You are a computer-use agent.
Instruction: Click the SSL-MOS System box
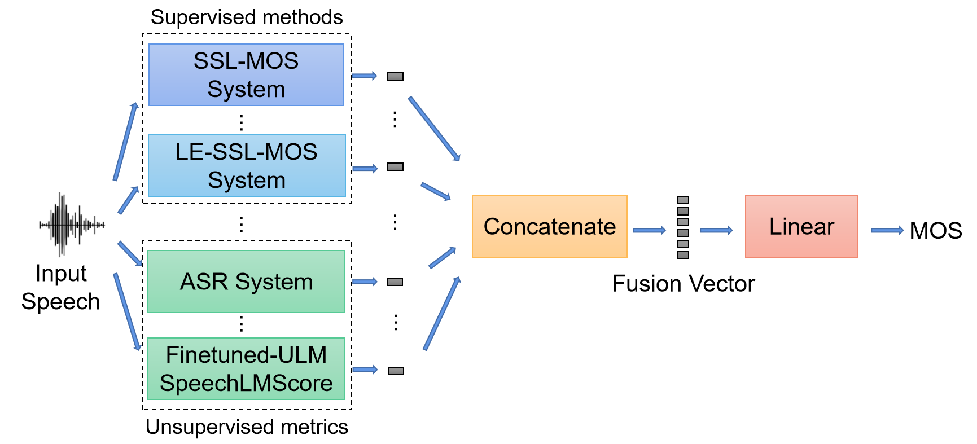pos(246,75)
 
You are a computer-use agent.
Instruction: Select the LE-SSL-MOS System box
pos(247,166)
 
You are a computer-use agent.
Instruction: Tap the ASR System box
pos(246,282)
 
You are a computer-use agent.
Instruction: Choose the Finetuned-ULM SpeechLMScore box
pos(246,369)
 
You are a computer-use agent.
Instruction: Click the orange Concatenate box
pos(549,227)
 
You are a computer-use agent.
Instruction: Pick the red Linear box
pos(801,227)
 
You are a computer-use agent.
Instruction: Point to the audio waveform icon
pos(71,225)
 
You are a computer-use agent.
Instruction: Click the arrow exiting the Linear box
pos(887,230)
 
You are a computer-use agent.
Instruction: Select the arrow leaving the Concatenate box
pos(649,230)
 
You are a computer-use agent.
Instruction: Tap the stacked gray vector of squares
pos(683,227)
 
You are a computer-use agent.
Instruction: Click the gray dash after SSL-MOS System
pos(395,76)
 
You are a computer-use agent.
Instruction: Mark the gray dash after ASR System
pos(395,282)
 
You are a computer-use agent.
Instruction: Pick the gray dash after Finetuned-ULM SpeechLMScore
pos(396,371)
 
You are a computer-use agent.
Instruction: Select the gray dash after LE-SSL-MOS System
pos(395,167)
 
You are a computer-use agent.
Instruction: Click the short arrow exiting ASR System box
pos(365,282)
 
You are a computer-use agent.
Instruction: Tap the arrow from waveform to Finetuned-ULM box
pos(127,311)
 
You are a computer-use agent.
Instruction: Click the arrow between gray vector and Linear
pos(716,230)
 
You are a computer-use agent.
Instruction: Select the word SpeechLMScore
pos(246,383)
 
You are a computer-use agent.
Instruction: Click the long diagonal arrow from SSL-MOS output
pos(434,129)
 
